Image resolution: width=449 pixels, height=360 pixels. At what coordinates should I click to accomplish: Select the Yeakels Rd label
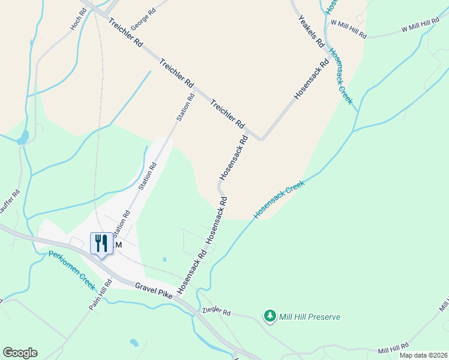click(x=311, y=32)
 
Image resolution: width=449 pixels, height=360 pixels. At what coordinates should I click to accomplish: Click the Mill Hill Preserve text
click(x=310, y=316)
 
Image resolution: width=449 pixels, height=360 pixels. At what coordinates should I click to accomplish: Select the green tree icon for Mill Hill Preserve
click(x=270, y=316)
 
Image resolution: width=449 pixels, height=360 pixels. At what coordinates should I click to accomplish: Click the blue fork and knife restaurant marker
click(x=100, y=243)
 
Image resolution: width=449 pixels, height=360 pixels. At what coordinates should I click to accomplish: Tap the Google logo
click(x=20, y=353)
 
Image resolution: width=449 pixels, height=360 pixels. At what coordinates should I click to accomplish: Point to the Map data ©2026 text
click(x=423, y=355)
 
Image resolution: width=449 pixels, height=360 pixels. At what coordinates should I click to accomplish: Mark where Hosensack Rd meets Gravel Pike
click(x=178, y=296)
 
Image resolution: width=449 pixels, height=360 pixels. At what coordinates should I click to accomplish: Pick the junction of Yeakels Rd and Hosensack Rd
click(x=329, y=61)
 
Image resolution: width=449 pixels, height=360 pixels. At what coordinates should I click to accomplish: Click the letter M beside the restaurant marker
click(x=118, y=245)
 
